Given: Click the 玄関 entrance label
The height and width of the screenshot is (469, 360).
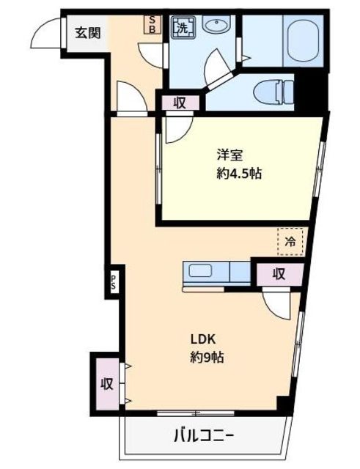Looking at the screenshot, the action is [x=87, y=32].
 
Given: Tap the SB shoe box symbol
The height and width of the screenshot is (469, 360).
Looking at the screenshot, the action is [x=153, y=24].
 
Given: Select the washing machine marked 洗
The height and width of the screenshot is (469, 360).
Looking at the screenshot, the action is [x=183, y=28].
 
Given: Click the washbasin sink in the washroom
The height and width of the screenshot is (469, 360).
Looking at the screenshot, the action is [x=216, y=23].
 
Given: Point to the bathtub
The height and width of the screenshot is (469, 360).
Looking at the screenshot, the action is [x=303, y=41].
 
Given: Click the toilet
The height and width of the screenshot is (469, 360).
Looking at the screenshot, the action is [x=273, y=92].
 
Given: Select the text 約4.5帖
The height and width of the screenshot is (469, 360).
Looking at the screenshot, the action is [x=239, y=173].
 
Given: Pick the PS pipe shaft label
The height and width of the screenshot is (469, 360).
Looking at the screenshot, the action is [x=114, y=281].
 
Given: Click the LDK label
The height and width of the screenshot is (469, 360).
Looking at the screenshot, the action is [x=203, y=339].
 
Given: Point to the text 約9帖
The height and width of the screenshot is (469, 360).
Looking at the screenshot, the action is [x=207, y=357].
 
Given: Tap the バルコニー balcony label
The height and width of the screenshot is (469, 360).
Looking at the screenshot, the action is [x=204, y=436].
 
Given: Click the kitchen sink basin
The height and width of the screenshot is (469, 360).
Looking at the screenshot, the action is [x=200, y=270].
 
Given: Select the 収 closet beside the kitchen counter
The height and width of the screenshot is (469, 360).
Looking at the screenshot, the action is [x=279, y=273].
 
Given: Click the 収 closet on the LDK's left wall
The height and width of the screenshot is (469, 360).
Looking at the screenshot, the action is [x=107, y=383].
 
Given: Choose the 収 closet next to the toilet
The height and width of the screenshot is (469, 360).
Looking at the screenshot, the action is [x=180, y=103].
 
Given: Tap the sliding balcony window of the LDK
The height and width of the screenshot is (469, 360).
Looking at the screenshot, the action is [x=196, y=413].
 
